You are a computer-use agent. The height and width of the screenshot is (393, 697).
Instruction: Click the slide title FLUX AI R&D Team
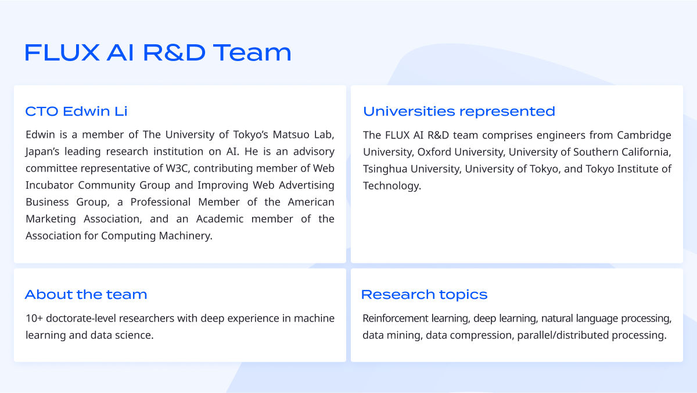pos(158,53)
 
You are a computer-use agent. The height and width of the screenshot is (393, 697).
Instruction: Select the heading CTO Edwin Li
pos(76,111)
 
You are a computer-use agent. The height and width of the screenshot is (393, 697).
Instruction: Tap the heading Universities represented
pos(459,112)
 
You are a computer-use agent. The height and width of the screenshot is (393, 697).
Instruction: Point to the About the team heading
pos(86,294)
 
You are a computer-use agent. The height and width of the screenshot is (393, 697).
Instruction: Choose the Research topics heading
pos(424,295)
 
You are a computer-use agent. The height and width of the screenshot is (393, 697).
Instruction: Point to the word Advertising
pos(306,185)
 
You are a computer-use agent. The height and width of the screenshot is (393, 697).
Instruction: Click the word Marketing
pos(51,219)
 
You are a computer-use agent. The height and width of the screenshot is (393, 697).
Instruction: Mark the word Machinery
pos(185,235)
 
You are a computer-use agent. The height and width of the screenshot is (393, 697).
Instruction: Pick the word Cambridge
pos(644,135)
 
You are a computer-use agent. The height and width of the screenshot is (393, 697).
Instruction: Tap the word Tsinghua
pos(385,169)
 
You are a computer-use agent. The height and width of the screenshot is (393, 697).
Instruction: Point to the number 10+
pos(34,318)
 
